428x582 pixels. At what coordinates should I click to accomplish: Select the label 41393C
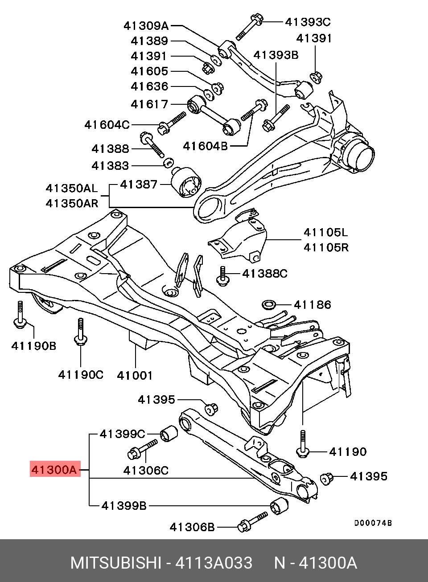[308, 21]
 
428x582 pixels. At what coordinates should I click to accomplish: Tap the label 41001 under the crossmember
[135, 375]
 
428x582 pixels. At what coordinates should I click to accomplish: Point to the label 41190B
[34, 345]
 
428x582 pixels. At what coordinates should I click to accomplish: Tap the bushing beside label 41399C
[169, 433]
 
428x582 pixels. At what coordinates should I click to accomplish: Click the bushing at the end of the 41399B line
[280, 506]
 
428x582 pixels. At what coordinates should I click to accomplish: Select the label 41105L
[326, 233]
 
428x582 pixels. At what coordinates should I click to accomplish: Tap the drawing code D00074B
[373, 523]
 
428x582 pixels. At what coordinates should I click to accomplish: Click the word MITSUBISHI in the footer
[115, 563]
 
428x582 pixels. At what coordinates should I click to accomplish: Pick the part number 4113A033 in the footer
[214, 563]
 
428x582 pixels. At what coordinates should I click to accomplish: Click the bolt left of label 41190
[303, 443]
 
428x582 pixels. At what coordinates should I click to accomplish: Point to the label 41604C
[107, 124]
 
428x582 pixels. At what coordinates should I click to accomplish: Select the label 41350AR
[72, 203]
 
